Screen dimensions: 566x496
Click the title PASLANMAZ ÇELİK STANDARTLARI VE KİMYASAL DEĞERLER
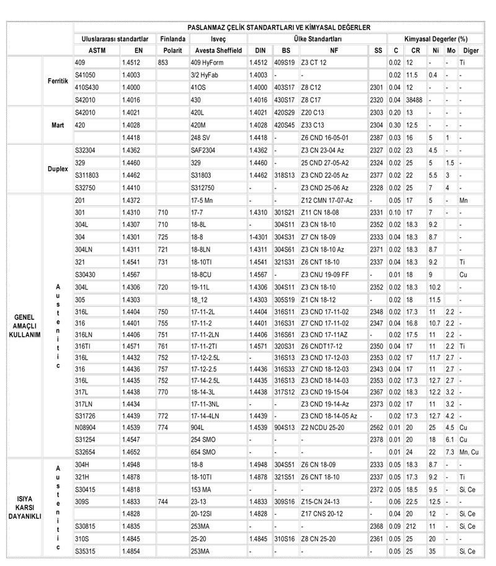coord(279,28)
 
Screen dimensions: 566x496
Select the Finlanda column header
coord(172,38)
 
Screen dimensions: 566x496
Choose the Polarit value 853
coord(164,63)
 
